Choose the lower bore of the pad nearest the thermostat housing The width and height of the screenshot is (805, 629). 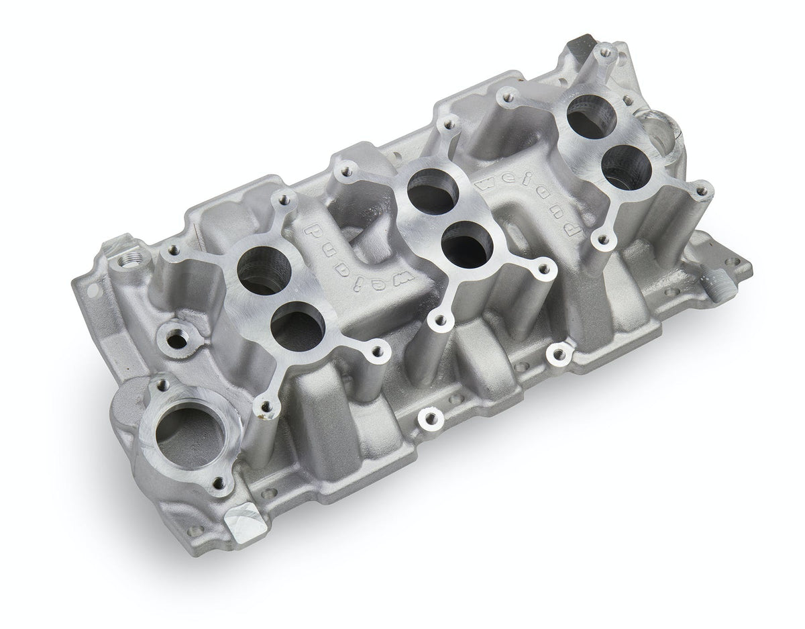(298, 324)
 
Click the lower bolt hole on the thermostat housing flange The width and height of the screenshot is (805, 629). (217, 481)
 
